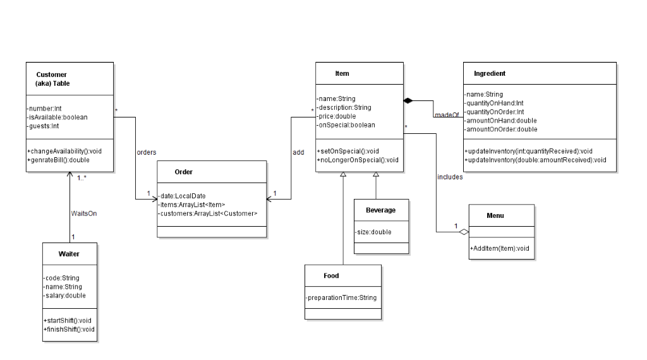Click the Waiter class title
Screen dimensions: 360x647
click(69, 254)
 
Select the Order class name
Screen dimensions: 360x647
click(184, 172)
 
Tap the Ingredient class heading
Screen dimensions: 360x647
click(490, 74)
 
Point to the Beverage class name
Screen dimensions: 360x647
click(381, 210)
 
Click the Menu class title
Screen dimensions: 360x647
click(495, 215)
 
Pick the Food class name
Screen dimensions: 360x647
click(331, 276)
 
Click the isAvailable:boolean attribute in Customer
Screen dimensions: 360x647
click(58, 117)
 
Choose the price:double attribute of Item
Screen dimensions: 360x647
click(337, 116)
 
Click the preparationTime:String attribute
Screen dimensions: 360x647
click(342, 297)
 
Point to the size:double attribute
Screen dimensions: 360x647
click(373, 232)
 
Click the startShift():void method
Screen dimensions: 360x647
click(68, 320)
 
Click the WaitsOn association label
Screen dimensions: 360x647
click(84, 213)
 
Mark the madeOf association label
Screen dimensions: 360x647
click(447, 114)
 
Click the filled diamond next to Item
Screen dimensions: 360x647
click(408, 100)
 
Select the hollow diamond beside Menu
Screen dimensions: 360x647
click(464, 232)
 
